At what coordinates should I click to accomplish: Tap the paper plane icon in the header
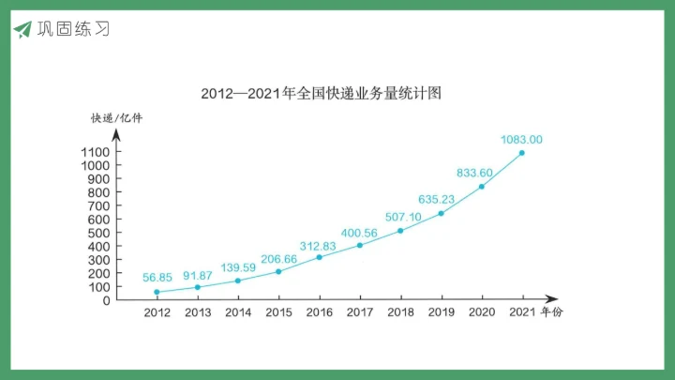click(22, 29)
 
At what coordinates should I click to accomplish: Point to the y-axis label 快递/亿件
click(116, 118)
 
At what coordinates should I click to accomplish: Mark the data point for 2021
click(521, 153)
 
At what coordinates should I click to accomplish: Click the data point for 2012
click(157, 292)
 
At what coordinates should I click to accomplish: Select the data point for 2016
click(319, 257)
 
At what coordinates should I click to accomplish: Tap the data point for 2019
click(441, 213)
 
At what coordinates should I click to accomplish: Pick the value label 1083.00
click(521, 140)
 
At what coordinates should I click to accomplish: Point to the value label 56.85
click(157, 278)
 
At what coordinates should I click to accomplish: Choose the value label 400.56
click(359, 233)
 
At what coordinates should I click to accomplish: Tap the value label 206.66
click(278, 259)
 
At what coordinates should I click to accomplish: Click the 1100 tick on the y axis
click(96, 152)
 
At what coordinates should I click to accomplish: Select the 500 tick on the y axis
click(99, 233)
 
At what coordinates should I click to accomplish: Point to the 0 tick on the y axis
click(107, 300)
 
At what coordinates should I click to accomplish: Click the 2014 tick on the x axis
click(238, 312)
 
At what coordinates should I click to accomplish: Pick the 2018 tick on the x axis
click(400, 312)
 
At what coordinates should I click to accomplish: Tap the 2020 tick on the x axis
click(482, 312)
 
